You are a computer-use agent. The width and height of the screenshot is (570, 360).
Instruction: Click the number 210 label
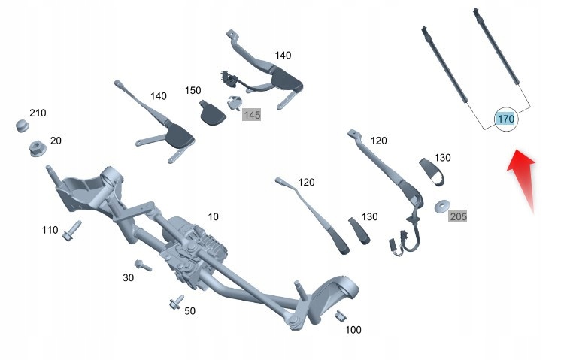click(x=38, y=113)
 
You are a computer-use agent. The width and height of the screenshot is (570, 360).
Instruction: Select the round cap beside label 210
click(x=23, y=125)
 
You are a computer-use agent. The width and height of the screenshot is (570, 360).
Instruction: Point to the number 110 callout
click(x=50, y=230)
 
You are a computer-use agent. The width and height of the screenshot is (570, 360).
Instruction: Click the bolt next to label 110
click(x=72, y=229)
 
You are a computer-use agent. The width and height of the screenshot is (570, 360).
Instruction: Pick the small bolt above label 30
click(x=142, y=265)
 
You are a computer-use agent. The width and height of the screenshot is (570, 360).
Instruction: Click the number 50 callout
click(x=189, y=311)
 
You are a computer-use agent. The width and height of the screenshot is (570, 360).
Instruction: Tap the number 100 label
click(x=353, y=329)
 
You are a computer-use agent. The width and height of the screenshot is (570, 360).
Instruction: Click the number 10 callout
click(x=213, y=216)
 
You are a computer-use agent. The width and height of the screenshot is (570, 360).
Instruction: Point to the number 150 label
click(x=193, y=91)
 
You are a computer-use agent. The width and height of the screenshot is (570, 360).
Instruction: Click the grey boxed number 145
click(x=251, y=115)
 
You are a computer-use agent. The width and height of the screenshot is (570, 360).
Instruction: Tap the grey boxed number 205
click(x=458, y=216)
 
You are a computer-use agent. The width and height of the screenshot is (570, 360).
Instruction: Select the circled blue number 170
click(x=505, y=119)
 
